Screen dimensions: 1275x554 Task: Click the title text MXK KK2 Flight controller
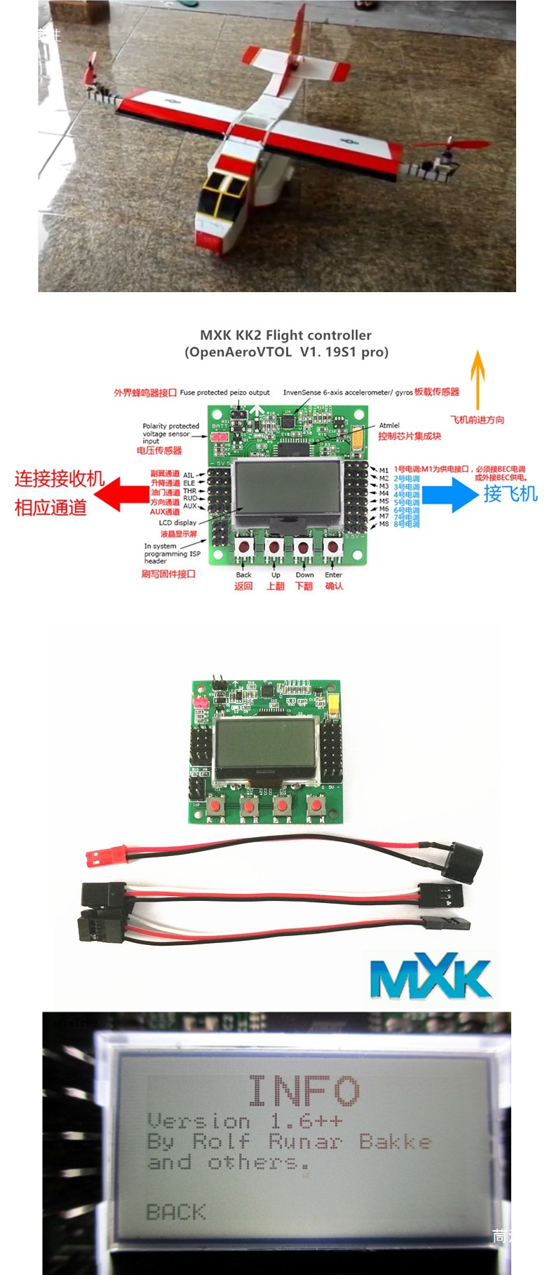click(x=285, y=335)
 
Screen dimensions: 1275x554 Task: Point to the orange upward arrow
click(x=478, y=378)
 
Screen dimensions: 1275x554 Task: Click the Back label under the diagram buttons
click(x=243, y=574)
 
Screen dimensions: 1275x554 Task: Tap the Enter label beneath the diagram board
click(x=333, y=574)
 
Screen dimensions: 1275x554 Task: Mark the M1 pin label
click(x=384, y=470)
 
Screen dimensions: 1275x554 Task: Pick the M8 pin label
click(x=384, y=524)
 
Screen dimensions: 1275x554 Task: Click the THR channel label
click(x=189, y=491)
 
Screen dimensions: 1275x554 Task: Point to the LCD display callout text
click(x=177, y=523)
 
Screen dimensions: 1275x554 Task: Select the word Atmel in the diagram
click(x=389, y=425)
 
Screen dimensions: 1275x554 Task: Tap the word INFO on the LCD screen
click(x=304, y=1091)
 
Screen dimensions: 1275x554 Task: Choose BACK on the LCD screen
click(x=175, y=1212)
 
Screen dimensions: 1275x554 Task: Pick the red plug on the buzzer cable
click(x=101, y=855)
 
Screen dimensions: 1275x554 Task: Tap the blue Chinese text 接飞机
click(x=510, y=494)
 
